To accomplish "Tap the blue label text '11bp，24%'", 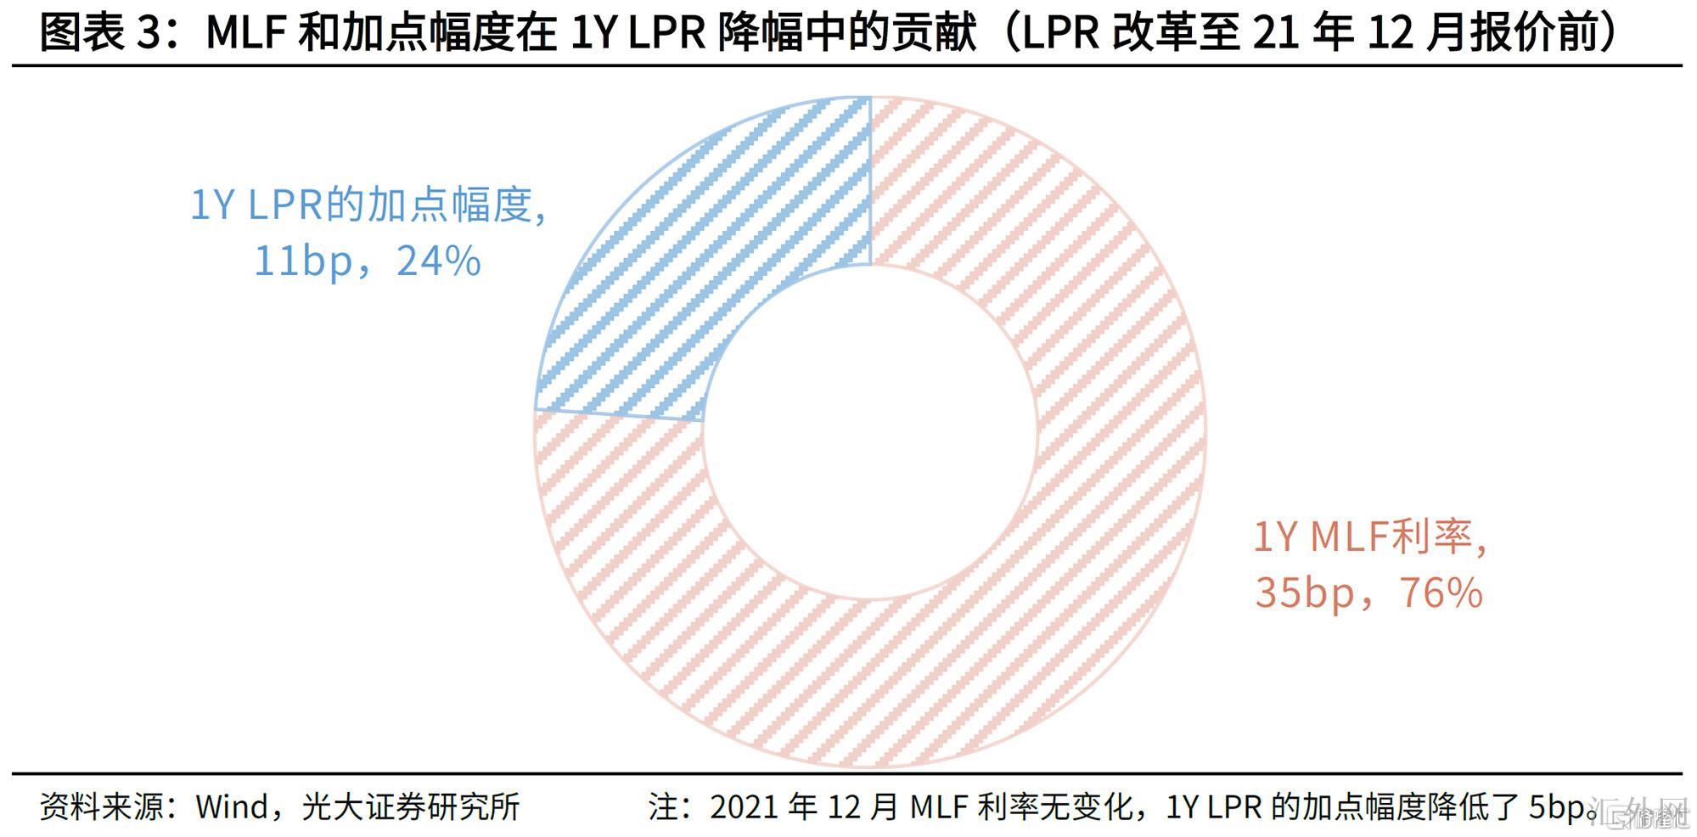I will (x=367, y=261).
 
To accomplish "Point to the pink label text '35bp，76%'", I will (x=1368, y=593).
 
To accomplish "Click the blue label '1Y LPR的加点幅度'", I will (x=367, y=205).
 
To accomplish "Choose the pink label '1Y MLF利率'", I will (x=1368, y=536).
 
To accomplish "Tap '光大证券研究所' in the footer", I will (x=411, y=806).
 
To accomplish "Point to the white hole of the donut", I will (x=870, y=433).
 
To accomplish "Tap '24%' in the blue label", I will (x=438, y=261).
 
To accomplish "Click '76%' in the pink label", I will (x=1441, y=593).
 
